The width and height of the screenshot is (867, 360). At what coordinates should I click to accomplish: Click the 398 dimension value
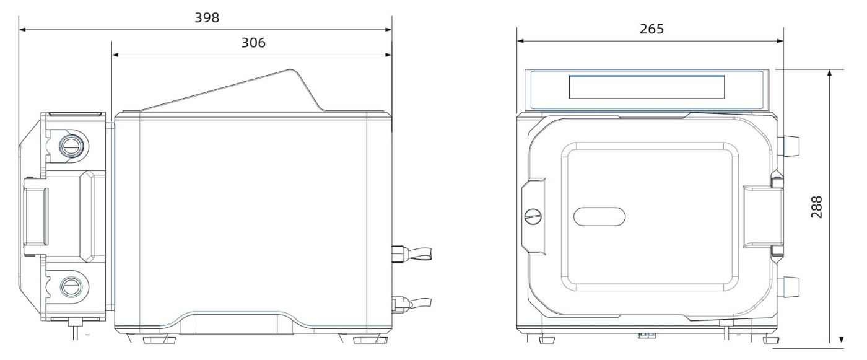pos(207,18)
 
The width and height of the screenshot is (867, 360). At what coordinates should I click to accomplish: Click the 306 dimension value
pos(253,43)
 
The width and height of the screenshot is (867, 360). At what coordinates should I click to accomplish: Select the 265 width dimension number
pos(651,29)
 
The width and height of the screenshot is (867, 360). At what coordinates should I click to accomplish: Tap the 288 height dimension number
pos(816,207)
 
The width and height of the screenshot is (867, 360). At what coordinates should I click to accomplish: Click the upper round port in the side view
pos(71,146)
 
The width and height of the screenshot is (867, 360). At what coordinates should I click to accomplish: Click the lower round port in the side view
pos(72,287)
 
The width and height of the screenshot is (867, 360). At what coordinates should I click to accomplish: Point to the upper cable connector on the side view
pos(411,254)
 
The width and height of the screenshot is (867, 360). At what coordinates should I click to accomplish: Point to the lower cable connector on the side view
pos(411,304)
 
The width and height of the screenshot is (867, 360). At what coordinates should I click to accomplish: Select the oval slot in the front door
pos(599,216)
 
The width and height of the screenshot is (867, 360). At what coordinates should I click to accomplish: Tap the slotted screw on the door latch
pos(533,216)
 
